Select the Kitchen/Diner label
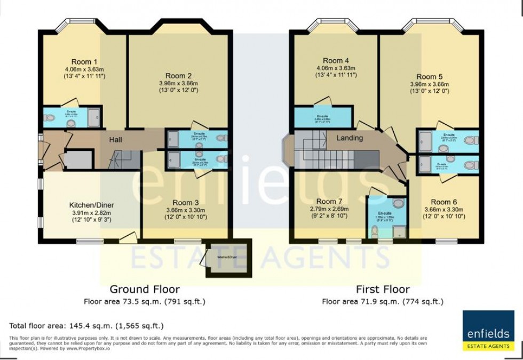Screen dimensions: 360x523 [x=91, y=205]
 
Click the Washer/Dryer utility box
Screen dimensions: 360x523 [x=229, y=258]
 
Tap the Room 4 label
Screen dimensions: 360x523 [x=336, y=60]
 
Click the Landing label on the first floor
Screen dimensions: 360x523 [x=350, y=138]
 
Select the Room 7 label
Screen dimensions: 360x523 [x=329, y=201]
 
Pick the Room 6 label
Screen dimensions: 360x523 [x=444, y=202]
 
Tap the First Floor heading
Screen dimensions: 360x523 [x=383, y=290]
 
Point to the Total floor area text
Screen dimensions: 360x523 [x=86, y=325]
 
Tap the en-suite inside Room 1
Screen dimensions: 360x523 [x=72, y=117]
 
